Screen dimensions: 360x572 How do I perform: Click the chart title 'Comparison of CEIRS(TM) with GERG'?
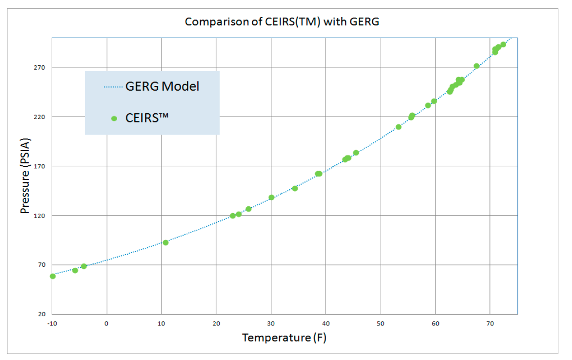(x=282, y=22)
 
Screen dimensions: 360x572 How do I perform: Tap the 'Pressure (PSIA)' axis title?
(x=24, y=175)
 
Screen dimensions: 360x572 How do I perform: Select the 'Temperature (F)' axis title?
(x=284, y=338)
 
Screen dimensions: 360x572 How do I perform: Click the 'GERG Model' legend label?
(x=162, y=87)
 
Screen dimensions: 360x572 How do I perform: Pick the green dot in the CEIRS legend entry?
(x=114, y=118)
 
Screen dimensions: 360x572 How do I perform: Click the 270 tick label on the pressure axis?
(x=40, y=67)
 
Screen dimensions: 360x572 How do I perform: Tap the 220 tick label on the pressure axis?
(x=40, y=117)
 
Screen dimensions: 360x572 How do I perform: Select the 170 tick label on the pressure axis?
(x=40, y=166)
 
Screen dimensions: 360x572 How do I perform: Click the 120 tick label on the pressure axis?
(x=40, y=216)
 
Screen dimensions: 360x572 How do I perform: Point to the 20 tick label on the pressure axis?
(x=41, y=314)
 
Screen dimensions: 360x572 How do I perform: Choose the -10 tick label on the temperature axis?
(x=51, y=323)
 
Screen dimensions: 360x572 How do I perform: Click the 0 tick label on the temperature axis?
(x=106, y=323)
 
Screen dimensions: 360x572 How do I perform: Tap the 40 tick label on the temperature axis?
(x=326, y=323)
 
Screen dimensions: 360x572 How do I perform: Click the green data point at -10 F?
(x=53, y=276)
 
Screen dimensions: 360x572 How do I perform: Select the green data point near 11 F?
(x=165, y=242)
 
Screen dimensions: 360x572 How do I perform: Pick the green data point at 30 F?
(x=271, y=198)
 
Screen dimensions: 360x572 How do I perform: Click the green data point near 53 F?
(x=398, y=127)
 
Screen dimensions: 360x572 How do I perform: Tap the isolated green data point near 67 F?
(x=477, y=66)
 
